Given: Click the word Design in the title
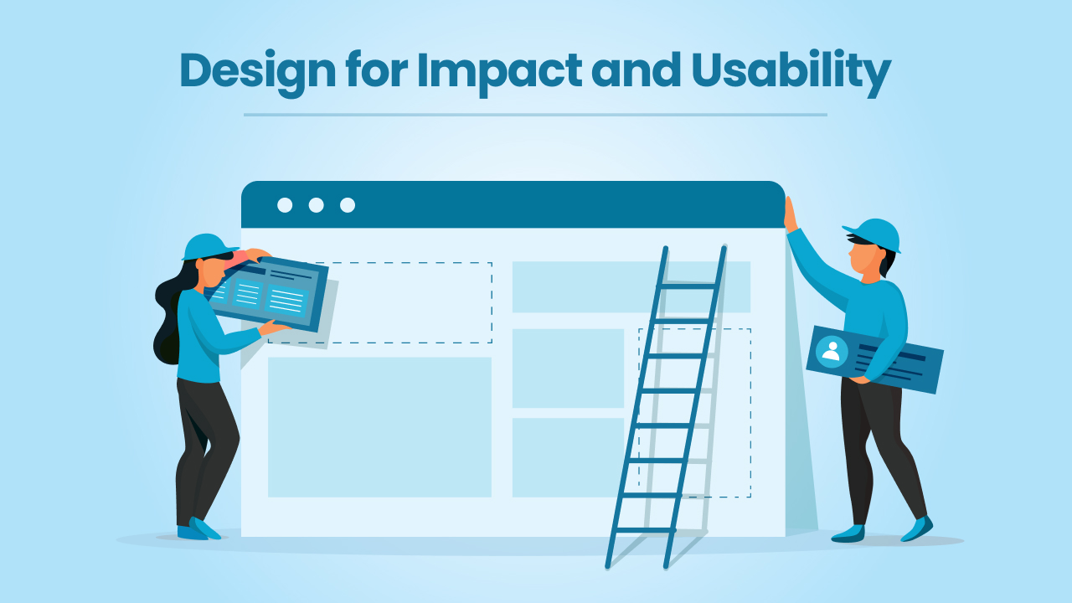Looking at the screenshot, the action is coord(257,72).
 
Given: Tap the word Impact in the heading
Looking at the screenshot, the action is coord(499,72).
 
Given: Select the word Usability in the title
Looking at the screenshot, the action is coord(791,72).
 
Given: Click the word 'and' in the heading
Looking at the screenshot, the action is coord(636,70).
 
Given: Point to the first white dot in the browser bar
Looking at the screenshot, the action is coord(285,205).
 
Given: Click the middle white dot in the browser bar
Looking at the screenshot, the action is coord(316,205).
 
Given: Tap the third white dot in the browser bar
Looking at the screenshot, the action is coord(348,205).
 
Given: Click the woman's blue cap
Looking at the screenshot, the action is coord(209,247).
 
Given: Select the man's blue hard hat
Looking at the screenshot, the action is coord(874,235).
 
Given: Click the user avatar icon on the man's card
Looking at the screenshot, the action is coord(832,352).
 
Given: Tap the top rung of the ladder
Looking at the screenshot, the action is coord(689,286).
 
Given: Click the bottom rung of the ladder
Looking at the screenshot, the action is coord(645,530).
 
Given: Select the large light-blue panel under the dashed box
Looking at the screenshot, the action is coord(379,427).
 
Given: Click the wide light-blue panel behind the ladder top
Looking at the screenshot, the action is coord(631,286).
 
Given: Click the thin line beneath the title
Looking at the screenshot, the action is coord(535,115).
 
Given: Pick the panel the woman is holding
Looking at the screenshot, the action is coord(269,293).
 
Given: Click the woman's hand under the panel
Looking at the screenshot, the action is coord(274,327).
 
